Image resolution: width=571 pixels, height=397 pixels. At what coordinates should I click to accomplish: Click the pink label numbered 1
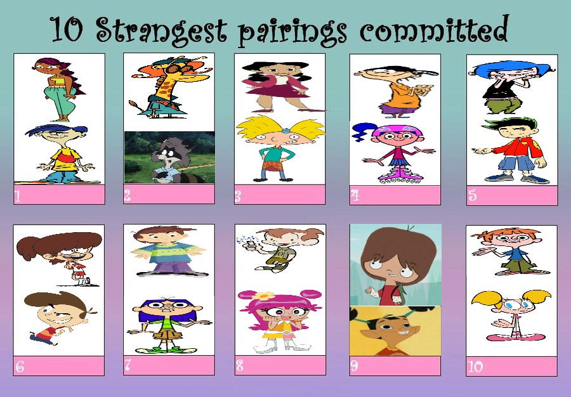59,195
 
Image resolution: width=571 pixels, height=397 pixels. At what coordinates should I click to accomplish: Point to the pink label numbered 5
512,195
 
